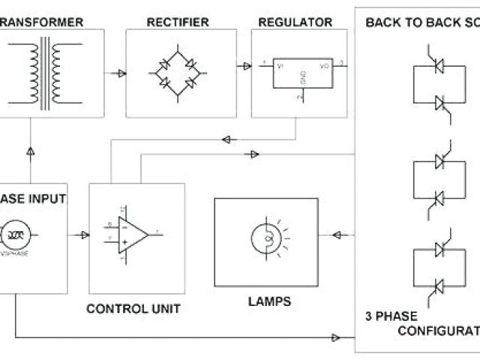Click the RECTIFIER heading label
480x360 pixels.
click(x=178, y=22)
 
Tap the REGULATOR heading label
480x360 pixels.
click(x=295, y=22)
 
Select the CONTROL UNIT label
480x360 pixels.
click(x=133, y=308)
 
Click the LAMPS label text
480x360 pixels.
click(x=268, y=302)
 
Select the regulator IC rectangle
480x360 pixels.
click(x=301, y=73)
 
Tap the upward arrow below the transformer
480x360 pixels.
click(x=30, y=152)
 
